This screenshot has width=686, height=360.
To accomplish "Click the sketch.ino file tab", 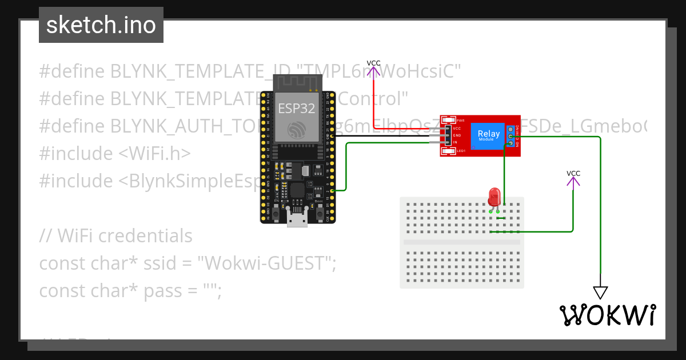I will pyautogui.click(x=101, y=25).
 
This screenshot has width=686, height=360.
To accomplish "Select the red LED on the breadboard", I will pyautogui.click(x=494, y=198).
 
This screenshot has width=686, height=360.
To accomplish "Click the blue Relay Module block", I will pyautogui.click(x=488, y=136).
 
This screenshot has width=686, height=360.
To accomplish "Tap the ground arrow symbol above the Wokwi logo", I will pyautogui.click(x=600, y=292).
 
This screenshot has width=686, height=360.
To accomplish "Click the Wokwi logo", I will pyautogui.click(x=607, y=315).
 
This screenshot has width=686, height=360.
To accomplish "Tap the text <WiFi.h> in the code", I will pyautogui.click(x=154, y=154).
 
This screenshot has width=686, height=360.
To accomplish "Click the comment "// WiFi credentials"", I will pyautogui.click(x=115, y=235).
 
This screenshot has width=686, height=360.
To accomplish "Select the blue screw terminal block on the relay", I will pyautogui.click(x=509, y=136).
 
